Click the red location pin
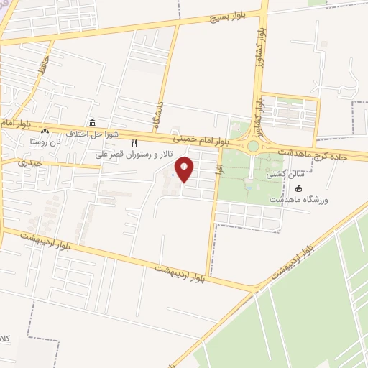185,170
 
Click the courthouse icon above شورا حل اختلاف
92,123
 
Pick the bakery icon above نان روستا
45,131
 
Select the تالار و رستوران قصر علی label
135,155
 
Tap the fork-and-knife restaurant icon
134,144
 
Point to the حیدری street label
31,163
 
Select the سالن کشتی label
278,174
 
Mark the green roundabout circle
253,147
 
